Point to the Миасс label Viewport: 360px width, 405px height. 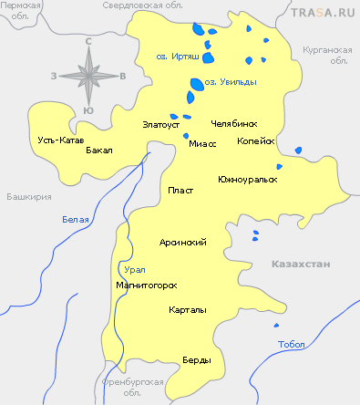[201, 144]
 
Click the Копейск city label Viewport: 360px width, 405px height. [255, 141]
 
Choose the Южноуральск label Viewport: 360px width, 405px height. [247, 179]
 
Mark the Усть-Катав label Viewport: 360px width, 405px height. [60, 140]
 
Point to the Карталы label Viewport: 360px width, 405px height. [187, 310]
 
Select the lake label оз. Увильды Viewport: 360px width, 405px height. [229, 82]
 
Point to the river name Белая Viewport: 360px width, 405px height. [76, 220]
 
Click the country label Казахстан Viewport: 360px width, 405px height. [300, 263]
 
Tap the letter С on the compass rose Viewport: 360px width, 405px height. [88, 41]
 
